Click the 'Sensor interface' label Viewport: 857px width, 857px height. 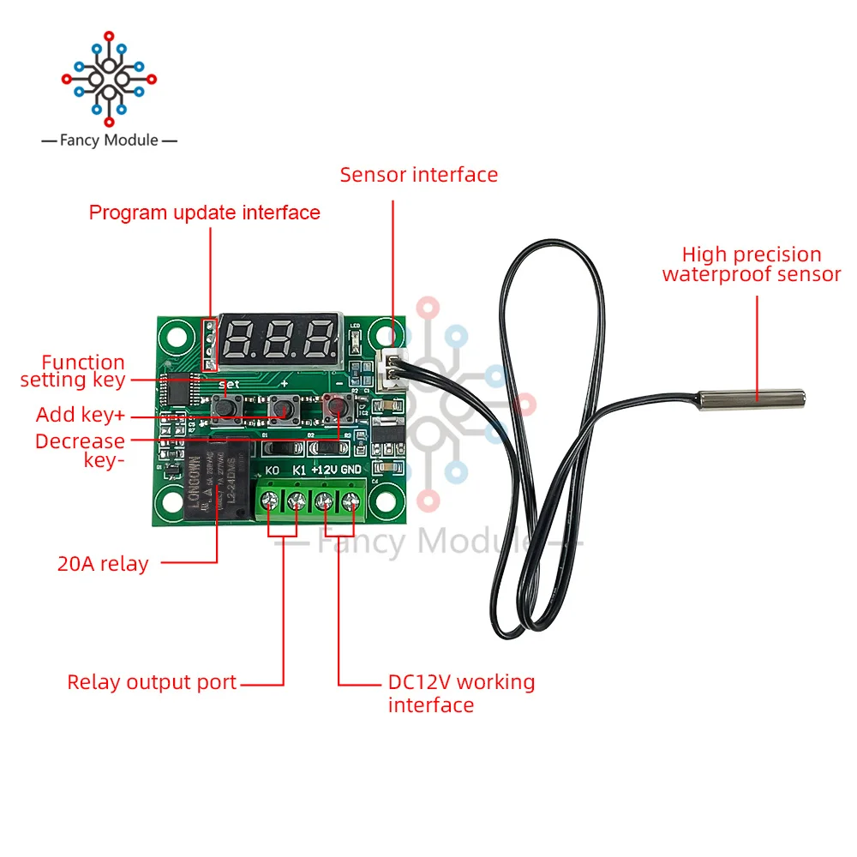click(x=418, y=175)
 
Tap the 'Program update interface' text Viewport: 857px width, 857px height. click(x=205, y=213)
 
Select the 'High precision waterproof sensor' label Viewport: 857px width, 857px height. click(x=752, y=264)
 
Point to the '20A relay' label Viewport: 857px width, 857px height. click(x=103, y=564)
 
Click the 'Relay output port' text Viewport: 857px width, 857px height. click(x=152, y=683)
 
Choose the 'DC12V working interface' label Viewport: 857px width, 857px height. click(x=461, y=693)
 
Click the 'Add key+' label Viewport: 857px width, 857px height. click(x=81, y=416)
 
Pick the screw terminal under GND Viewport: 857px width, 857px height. click(x=351, y=502)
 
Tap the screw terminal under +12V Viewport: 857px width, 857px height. click(x=325, y=502)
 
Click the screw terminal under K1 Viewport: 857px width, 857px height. click(x=298, y=502)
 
